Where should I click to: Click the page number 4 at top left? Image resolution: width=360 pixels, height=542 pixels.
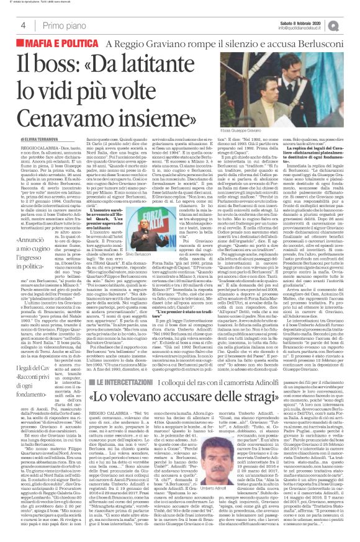23,25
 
